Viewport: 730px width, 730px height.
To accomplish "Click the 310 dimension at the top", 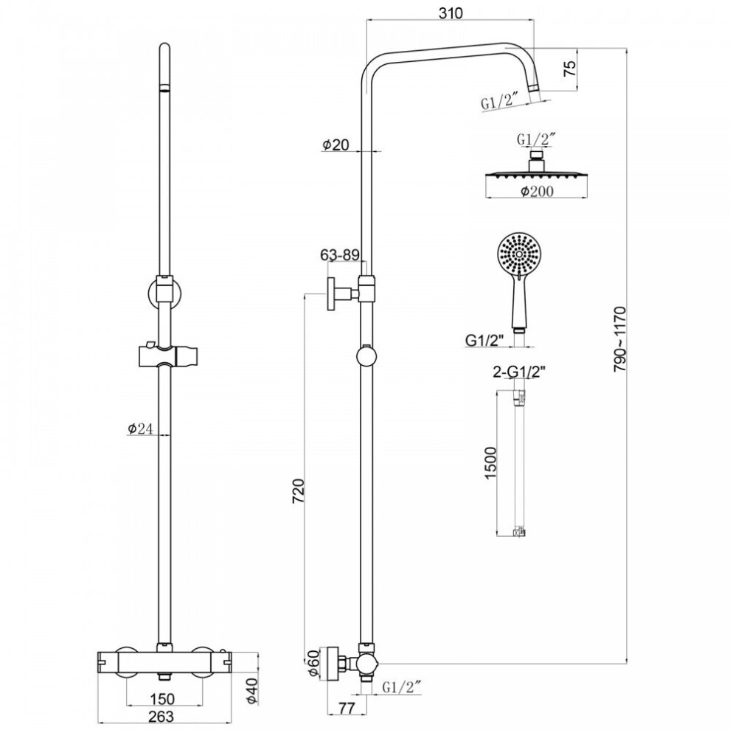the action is point(451,13).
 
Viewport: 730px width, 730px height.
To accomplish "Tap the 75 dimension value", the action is point(570,68).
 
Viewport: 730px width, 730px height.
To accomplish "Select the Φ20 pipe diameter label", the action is point(336,145).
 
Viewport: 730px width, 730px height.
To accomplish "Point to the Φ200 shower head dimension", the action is point(537,191).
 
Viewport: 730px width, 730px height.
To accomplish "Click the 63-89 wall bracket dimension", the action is point(340,254).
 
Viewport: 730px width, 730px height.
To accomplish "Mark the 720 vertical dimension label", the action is point(298,490).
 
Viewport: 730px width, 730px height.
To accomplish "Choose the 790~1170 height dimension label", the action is point(620,338).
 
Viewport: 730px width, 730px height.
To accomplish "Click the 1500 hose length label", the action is point(490,463).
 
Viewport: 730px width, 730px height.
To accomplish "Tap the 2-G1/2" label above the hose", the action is point(519,372).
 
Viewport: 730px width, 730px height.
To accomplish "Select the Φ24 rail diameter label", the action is point(139,428).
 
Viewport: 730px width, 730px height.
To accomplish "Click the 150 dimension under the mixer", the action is point(162,698).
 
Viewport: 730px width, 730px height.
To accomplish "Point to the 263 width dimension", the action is point(161,716).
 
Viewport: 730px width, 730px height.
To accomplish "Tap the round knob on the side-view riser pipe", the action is point(368,358).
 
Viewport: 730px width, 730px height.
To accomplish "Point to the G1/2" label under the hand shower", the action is point(485,341).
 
